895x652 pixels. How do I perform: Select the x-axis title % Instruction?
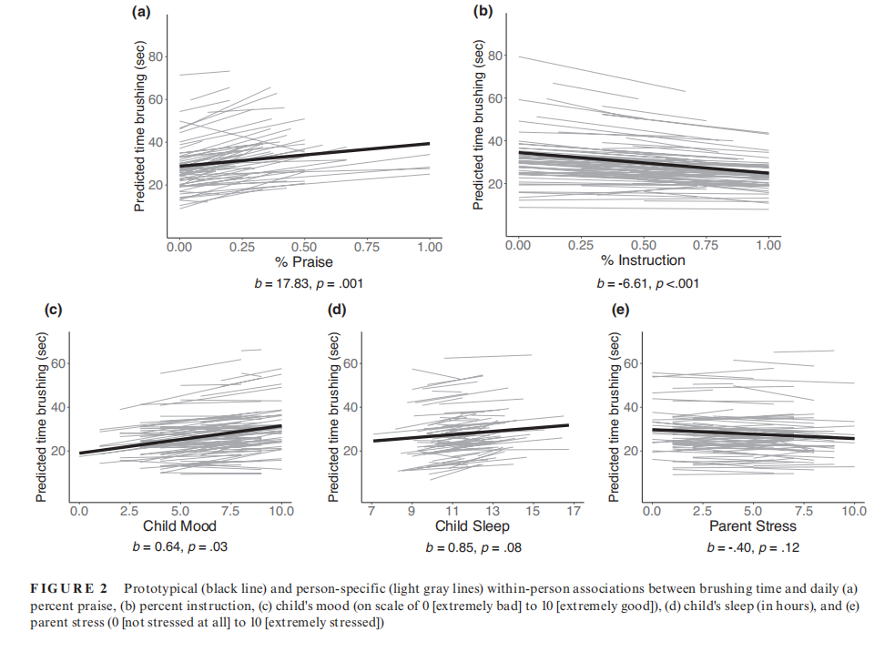[643, 260]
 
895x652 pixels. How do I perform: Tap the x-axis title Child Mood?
[179, 526]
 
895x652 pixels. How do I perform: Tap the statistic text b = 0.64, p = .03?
[180, 547]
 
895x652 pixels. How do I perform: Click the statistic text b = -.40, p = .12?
[753, 547]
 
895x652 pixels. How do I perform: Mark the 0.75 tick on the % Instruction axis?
[707, 245]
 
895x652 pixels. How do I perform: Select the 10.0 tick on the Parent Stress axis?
[853, 511]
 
